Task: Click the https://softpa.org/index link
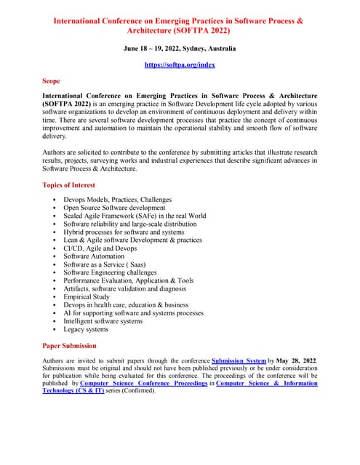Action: tap(180, 65)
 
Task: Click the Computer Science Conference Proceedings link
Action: tap(143, 382)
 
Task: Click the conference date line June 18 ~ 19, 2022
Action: tap(180, 48)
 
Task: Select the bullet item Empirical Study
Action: tap(87, 297)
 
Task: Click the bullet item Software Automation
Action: tap(94, 256)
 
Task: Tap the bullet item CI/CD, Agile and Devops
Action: tap(100, 248)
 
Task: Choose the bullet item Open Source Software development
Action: tap(114, 208)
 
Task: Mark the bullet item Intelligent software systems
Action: tap(103, 321)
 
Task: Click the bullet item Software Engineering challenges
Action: tap(110, 272)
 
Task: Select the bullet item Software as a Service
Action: tap(104, 264)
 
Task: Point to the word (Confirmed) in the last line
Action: tap(151, 390)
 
